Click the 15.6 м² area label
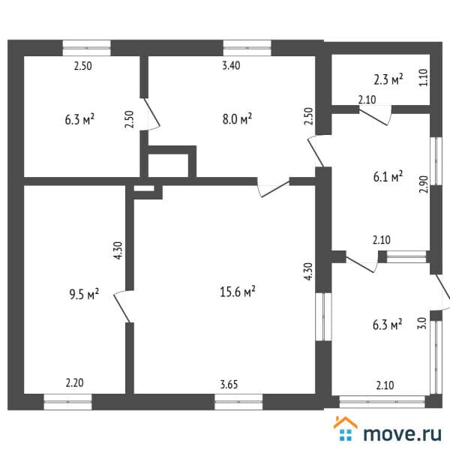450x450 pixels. coord(238,292)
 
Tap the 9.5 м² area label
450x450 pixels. coord(84,294)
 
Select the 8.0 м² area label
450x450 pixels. coord(237,118)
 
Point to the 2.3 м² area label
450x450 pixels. coord(388,79)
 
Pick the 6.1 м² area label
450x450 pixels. coord(388,176)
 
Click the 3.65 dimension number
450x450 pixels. coord(229,384)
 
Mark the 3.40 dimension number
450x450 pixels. coord(231,65)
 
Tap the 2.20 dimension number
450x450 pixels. coord(74,382)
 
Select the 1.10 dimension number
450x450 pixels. coord(423,77)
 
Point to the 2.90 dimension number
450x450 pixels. coord(423,184)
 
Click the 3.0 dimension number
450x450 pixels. coord(422,323)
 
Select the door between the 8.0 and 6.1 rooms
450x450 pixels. coord(316,151)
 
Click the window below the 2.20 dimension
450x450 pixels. coord(67,402)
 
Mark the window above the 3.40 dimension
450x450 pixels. coord(247,48)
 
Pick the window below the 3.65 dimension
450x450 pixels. coord(238,402)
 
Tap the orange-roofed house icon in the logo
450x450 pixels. coord(346,428)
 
